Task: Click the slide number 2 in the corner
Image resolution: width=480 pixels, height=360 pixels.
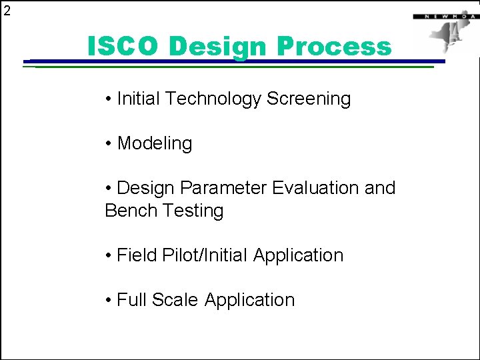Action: (7, 10)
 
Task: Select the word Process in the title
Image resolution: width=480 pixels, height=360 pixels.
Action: (334, 47)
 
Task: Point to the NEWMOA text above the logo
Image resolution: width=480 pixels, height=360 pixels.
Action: (441, 15)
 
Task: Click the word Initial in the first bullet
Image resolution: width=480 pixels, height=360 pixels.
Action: (139, 99)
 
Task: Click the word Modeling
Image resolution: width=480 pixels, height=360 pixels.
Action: (155, 144)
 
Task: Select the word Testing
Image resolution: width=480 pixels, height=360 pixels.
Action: (193, 211)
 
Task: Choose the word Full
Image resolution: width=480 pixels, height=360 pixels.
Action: (132, 300)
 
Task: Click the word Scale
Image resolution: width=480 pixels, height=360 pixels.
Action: (175, 300)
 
